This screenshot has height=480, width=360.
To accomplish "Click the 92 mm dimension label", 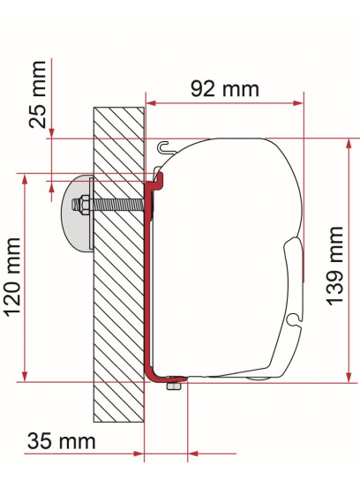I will (x=224, y=88).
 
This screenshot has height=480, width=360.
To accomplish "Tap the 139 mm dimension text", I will (x=335, y=265).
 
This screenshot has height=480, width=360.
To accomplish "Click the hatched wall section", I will (x=118, y=291).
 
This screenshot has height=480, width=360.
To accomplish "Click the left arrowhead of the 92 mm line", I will (x=151, y=104).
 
